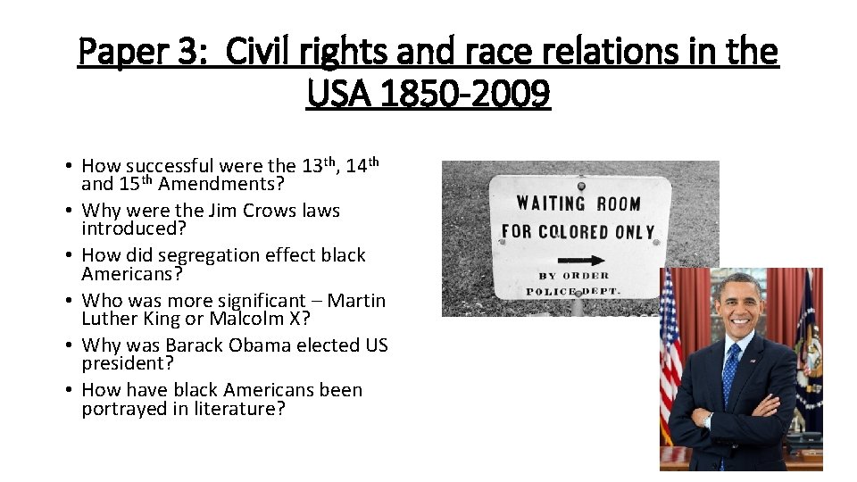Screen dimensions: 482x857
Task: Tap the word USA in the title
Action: pyautogui.click(x=337, y=92)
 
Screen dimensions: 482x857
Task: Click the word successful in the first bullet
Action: pyautogui.click(x=170, y=166)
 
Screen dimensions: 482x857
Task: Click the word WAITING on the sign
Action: pyautogui.click(x=551, y=204)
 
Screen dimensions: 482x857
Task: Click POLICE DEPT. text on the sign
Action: pyautogui.click(x=580, y=292)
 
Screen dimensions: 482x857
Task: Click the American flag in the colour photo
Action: pyautogui.click(x=670, y=357)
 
